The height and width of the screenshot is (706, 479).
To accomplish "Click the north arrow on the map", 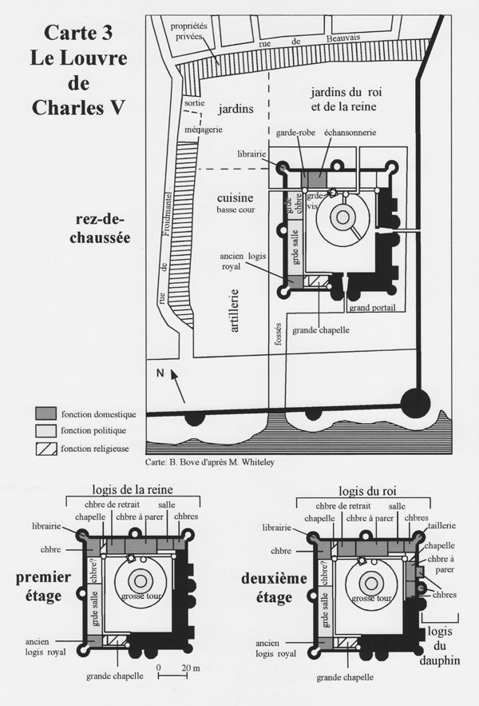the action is click(178, 386).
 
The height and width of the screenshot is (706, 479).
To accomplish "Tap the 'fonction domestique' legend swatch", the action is click(46, 413).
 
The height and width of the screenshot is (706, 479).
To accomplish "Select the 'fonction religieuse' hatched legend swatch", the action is click(46, 449).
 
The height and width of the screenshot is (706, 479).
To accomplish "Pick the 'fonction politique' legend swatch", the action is click(46, 431).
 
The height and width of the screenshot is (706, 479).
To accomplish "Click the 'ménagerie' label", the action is click(204, 130).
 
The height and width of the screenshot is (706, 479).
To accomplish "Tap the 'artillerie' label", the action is click(235, 311).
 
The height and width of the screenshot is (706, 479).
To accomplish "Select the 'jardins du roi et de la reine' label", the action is click(346, 99).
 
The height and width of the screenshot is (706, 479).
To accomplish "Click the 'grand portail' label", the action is click(372, 308).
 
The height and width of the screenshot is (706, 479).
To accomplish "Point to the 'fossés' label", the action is click(277, 334).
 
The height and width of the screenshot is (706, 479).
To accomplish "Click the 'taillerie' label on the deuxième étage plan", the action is click(441, 525).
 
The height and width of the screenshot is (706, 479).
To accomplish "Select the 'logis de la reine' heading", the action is click(133, 489).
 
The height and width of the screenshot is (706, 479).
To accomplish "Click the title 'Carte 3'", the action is click(78, 33).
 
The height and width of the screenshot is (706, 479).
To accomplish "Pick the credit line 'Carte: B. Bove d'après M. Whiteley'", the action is click(210, 462).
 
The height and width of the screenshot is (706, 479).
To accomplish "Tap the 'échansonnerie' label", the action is click(350, 133).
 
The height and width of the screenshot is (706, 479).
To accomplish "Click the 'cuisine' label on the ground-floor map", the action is click(236, 197).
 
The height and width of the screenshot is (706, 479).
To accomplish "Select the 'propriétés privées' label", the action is click(189, 31).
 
